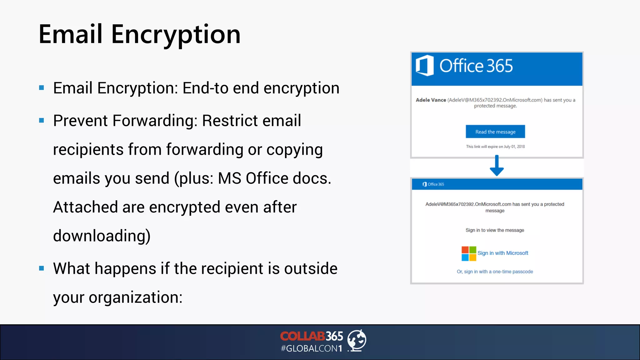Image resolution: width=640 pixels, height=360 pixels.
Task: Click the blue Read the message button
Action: click(x=495, y=132)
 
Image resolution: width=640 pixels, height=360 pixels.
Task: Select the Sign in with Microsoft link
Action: click(x=502, y=253)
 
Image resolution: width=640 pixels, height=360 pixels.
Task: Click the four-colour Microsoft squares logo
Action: click(x=469, y=253)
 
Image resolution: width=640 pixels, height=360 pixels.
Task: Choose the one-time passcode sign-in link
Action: click(x=495, y=272)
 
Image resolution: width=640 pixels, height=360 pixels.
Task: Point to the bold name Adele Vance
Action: click(x=431, y=100)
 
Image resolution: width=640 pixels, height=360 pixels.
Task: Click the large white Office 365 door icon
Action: click(x=425, y=66)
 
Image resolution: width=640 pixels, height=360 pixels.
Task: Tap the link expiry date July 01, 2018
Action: click(x=514, y=147)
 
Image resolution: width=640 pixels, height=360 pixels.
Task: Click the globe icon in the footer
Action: click(x=357, y=340)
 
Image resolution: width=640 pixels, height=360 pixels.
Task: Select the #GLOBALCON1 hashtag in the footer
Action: click(x=311, y=348)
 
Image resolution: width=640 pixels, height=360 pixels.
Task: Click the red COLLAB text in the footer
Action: click(x=302, y=336)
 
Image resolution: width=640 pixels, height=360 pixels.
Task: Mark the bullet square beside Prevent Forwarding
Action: click(x=42, y=121)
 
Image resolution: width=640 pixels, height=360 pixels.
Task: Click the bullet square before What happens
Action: click(x=42, y=268)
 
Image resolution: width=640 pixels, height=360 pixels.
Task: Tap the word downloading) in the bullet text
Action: click(x=102, y=236)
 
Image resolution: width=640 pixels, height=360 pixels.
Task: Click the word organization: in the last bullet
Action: click(x=136, y=297)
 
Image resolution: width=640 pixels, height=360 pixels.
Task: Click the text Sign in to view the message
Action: click(x=495, y=230)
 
